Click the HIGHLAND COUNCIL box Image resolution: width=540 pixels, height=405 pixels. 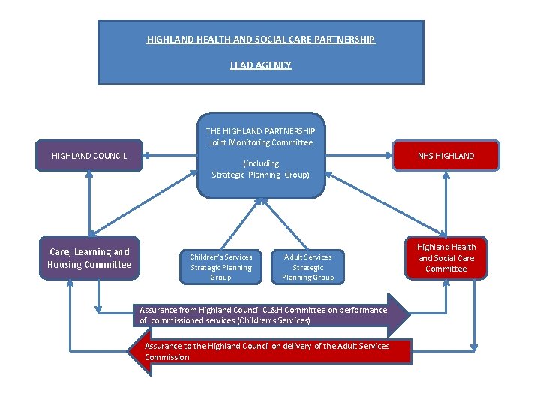[x=89, y=156]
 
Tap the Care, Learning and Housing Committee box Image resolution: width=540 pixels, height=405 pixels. [x=89, y=258]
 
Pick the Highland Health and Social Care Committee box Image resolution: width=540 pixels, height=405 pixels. [x=446, y=257]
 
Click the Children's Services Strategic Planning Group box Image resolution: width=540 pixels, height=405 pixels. [x=220, y=267]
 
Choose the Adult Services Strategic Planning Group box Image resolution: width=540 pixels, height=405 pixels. [x=307, y=267]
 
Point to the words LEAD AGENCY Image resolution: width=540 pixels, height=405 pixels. [x=260, y=65]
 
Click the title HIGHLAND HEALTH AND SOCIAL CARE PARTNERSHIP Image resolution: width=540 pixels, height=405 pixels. [x=260, y=39]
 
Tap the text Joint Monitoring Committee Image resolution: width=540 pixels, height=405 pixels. [x=261, y=142]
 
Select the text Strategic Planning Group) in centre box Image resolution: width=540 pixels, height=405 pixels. [x=260, y=175]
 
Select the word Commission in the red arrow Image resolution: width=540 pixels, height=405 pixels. [x=166, y=357]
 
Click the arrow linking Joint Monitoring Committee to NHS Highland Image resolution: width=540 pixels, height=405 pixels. [x=360, y=156]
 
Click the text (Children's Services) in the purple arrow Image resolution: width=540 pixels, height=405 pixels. [x=273, y=320]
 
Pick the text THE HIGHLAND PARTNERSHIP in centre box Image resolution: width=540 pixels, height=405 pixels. [x=261, y=130]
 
